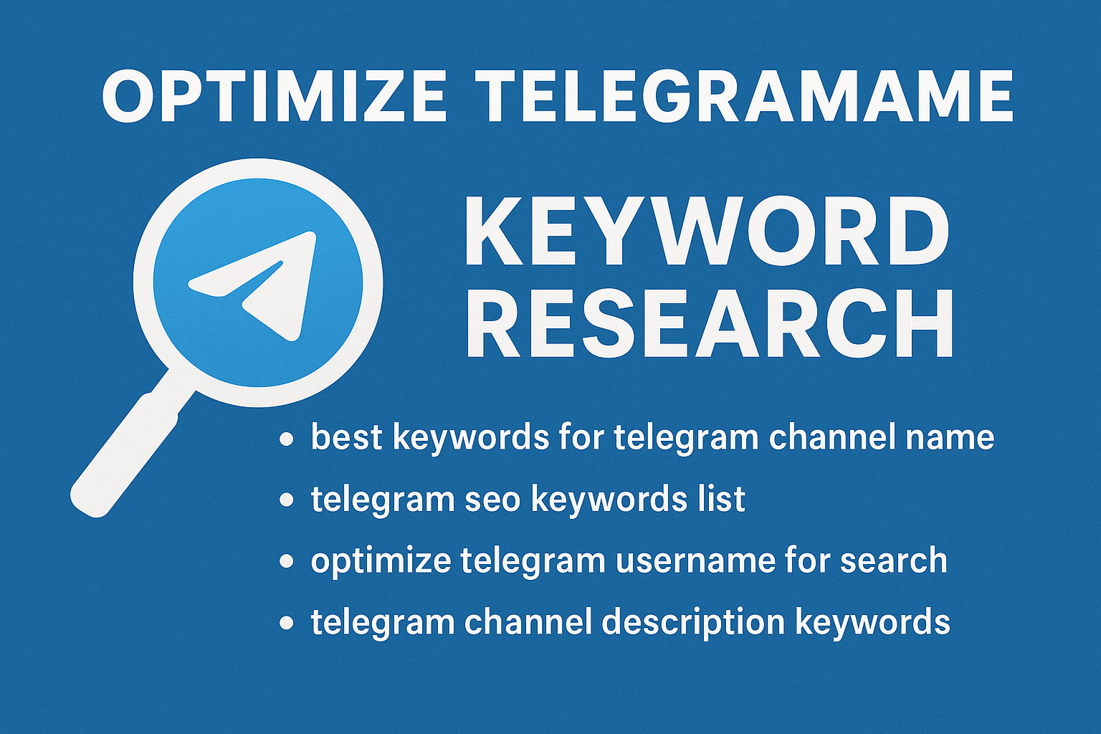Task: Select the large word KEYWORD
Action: click(x=706, y=233)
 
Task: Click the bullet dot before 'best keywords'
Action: click(x=287, y=439)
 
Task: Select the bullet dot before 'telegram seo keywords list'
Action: click(x=287, y=500)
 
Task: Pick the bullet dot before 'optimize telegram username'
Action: click(x=287, y=561)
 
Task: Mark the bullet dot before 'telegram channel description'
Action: click(x=287, y=622)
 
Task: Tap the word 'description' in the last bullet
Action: click(x=693, y=622)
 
